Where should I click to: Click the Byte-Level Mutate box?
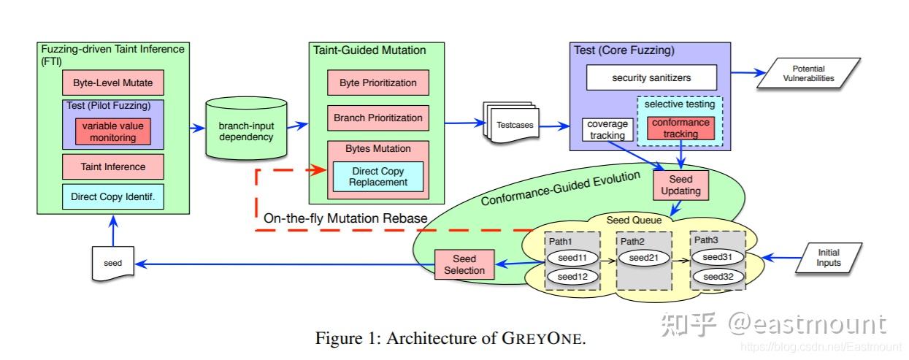[x=112, y=83]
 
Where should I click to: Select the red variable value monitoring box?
[x=113, y=131]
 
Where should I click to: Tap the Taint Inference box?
[x=112, y=166]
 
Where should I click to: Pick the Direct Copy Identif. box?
[x=112, y=197]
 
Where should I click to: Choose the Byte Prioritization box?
[x=377, y=83]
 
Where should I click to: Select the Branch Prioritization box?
[x=377, y=118]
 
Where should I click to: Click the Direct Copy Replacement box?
[x=377, y=177]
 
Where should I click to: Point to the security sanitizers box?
[x=651, y=77]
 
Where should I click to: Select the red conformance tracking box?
[x=680, y=128]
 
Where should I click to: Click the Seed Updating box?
[x=680, y=185]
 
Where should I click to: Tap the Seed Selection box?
[x=464, y=264]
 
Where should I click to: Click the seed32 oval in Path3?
[x=718, y=277]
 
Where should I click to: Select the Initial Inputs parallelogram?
[x=828, y=258]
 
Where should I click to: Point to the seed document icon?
[x=112, y=263]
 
